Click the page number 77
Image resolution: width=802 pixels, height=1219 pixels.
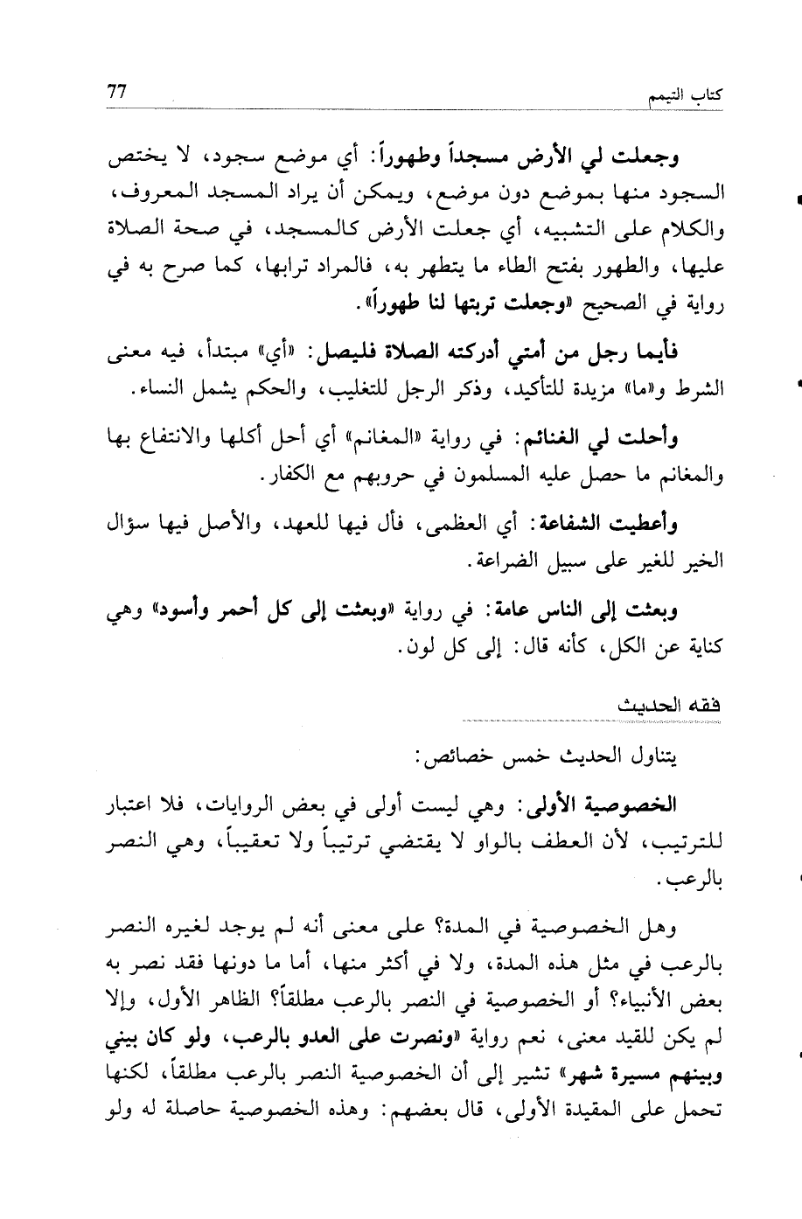(117, 91)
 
